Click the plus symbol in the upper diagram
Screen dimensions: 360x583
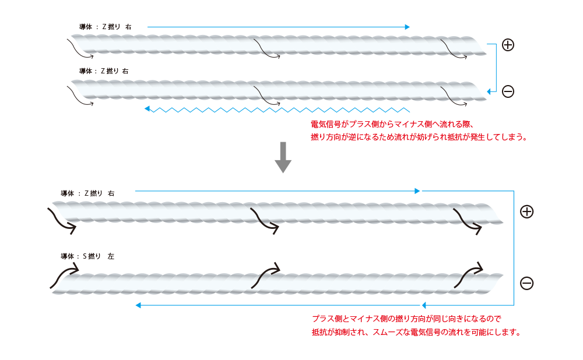pos(508,45)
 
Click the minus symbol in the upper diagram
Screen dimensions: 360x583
pos(508,91)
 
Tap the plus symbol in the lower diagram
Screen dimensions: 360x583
pos(526,211)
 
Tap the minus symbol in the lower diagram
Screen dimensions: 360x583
pos(526,283)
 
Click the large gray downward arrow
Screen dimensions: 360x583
pos(283,157)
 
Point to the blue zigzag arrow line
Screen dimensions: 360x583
pos(280,109)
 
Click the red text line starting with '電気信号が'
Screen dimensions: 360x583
pos(394,124)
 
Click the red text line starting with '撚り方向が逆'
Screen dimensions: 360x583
pos(419,137)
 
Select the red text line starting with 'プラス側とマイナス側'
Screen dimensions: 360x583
pos(406,319)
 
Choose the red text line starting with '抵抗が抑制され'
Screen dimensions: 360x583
pos(416,333)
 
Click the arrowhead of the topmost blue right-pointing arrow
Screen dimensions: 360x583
pos(407,27)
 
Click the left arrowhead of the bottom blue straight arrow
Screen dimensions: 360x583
pos(139,305)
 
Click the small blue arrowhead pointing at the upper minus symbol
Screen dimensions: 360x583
pos(490,91)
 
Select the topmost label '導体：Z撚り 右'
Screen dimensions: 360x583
pos(105,27)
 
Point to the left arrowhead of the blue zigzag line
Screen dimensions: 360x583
pos(147,108)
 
